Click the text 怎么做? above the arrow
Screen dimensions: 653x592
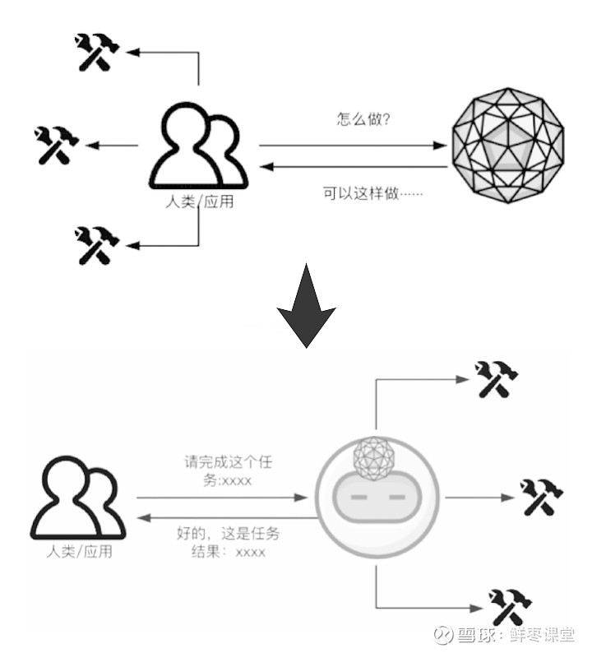[x=363, y=120]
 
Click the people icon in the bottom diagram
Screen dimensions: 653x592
[x=78, y=499]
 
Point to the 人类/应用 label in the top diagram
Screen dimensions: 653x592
[x=198, y=201]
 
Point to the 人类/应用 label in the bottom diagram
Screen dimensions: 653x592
[x=79, y=552]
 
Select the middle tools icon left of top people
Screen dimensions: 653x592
[x=57, y=146]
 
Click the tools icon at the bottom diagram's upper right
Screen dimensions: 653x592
[x=497, y=380]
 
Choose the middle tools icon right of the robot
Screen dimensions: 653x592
[x=541, y=498]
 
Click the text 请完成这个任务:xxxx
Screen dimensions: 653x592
[x=228, y=472]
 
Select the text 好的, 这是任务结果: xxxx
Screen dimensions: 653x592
[x=228, y=543]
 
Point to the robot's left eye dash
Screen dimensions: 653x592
[x=359, y=498]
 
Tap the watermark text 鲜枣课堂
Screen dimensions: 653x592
[x=543, y=635]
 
